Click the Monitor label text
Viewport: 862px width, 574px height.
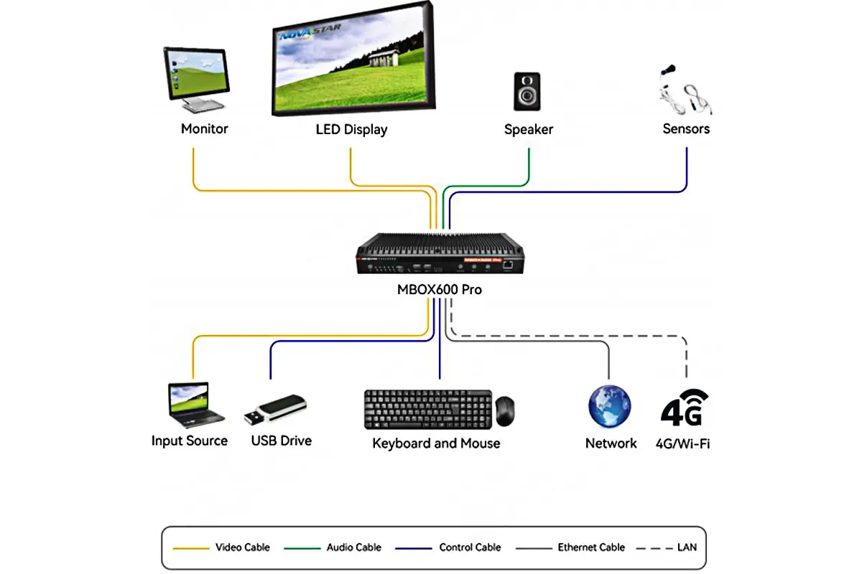point(204,129)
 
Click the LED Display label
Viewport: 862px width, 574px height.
point(351,130)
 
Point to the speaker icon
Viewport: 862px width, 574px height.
point(527,91)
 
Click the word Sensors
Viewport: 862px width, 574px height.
point(686,129)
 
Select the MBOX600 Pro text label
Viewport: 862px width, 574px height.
point(440,291)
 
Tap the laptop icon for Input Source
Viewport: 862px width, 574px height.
point(193,404)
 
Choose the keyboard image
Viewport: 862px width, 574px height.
point(428,408)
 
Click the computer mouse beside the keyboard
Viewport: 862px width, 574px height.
point(505,411)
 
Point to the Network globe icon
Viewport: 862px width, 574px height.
point(609,407)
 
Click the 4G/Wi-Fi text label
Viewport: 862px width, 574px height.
point(683,443)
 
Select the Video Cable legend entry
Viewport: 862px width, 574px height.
point(242,547)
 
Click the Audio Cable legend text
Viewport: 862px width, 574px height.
point(353,547)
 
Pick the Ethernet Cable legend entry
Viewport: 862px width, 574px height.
point(591,547)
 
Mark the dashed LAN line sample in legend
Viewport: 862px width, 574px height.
point(654,547)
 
